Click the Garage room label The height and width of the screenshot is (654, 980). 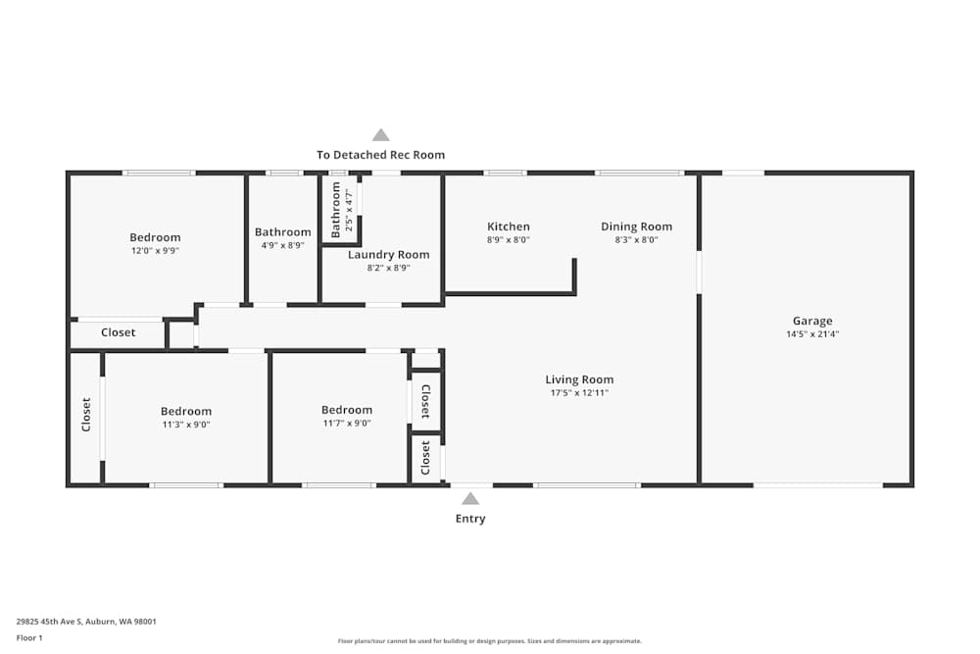[811, 321]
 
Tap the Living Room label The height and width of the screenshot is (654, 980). [579, 379]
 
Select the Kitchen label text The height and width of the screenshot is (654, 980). [508, 226]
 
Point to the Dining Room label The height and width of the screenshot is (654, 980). [636, 226]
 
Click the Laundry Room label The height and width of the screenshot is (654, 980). [388, 255]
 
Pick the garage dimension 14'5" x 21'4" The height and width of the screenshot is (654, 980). [811, 334]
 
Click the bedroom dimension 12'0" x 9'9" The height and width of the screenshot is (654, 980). [155, 251]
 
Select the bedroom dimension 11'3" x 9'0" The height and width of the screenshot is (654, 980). [186, 425]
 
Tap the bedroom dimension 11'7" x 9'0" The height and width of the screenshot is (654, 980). [347, 424]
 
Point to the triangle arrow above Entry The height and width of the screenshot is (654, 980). [470, 499]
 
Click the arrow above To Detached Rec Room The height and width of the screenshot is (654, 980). [380, 135]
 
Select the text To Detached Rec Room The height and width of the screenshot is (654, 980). [380, 155]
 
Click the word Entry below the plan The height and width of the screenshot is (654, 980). [470, 519]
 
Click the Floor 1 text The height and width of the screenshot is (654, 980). [29, 637]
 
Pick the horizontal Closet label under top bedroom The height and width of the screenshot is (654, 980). [119, 332]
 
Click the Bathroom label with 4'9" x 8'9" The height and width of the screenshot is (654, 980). [282, 232]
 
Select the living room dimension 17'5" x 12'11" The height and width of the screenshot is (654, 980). [579, 393]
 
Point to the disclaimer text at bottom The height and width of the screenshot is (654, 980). [490, 641]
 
